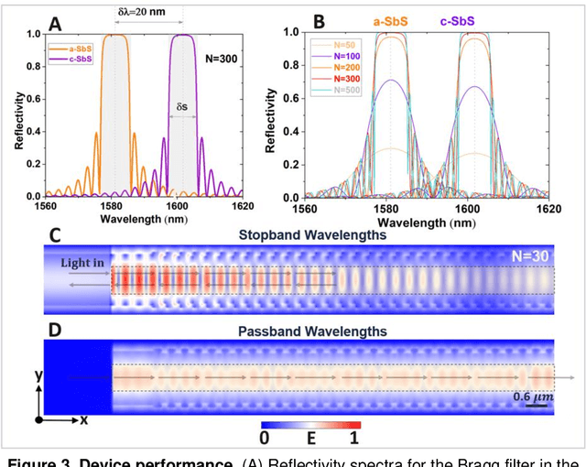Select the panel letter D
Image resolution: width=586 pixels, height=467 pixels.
point(55,326)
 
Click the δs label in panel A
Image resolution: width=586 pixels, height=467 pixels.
point(182,106)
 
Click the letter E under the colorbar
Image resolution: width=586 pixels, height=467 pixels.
point(309,439)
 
